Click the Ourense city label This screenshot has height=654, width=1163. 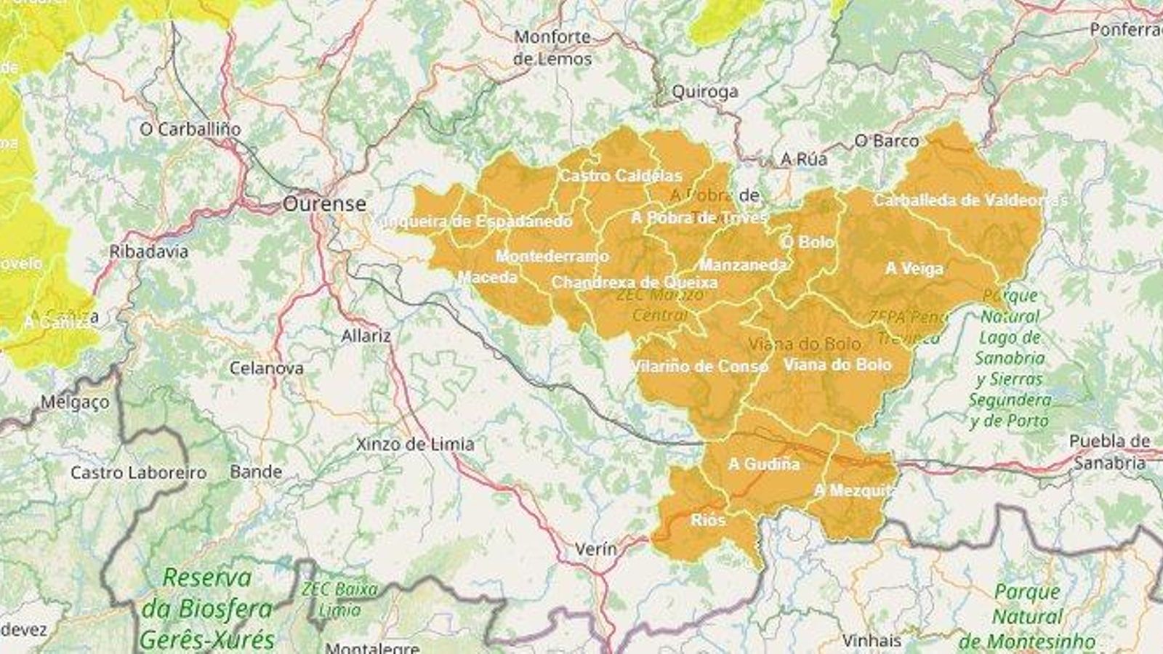coord(324,203)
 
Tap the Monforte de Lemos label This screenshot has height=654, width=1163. coord(552,47)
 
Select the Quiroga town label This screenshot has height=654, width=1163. coord(704,92)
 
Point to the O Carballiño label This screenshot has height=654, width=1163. coord(190,129)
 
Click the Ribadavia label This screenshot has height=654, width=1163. coord(149,252)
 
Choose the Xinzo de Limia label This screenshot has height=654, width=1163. coord(415,444)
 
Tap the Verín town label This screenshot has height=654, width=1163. coord(595,549)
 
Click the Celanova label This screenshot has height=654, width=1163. coord(266,368)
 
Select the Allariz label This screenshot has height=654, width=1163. coord(366,336)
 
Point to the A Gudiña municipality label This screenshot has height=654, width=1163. coord(764,464)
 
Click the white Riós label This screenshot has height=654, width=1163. coord(708,520)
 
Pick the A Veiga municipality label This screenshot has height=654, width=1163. coord(914,269)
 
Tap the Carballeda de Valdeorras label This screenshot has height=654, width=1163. coord(970,200)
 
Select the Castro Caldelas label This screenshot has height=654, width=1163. coord(621,176)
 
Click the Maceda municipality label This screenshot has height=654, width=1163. coord(488,278)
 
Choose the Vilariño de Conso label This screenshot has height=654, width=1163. coord(699,366)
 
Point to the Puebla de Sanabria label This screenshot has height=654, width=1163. coord(1109,452)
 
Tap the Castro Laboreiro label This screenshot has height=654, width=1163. coord(138,473)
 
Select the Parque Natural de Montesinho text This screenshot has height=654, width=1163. coord(1026,616)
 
